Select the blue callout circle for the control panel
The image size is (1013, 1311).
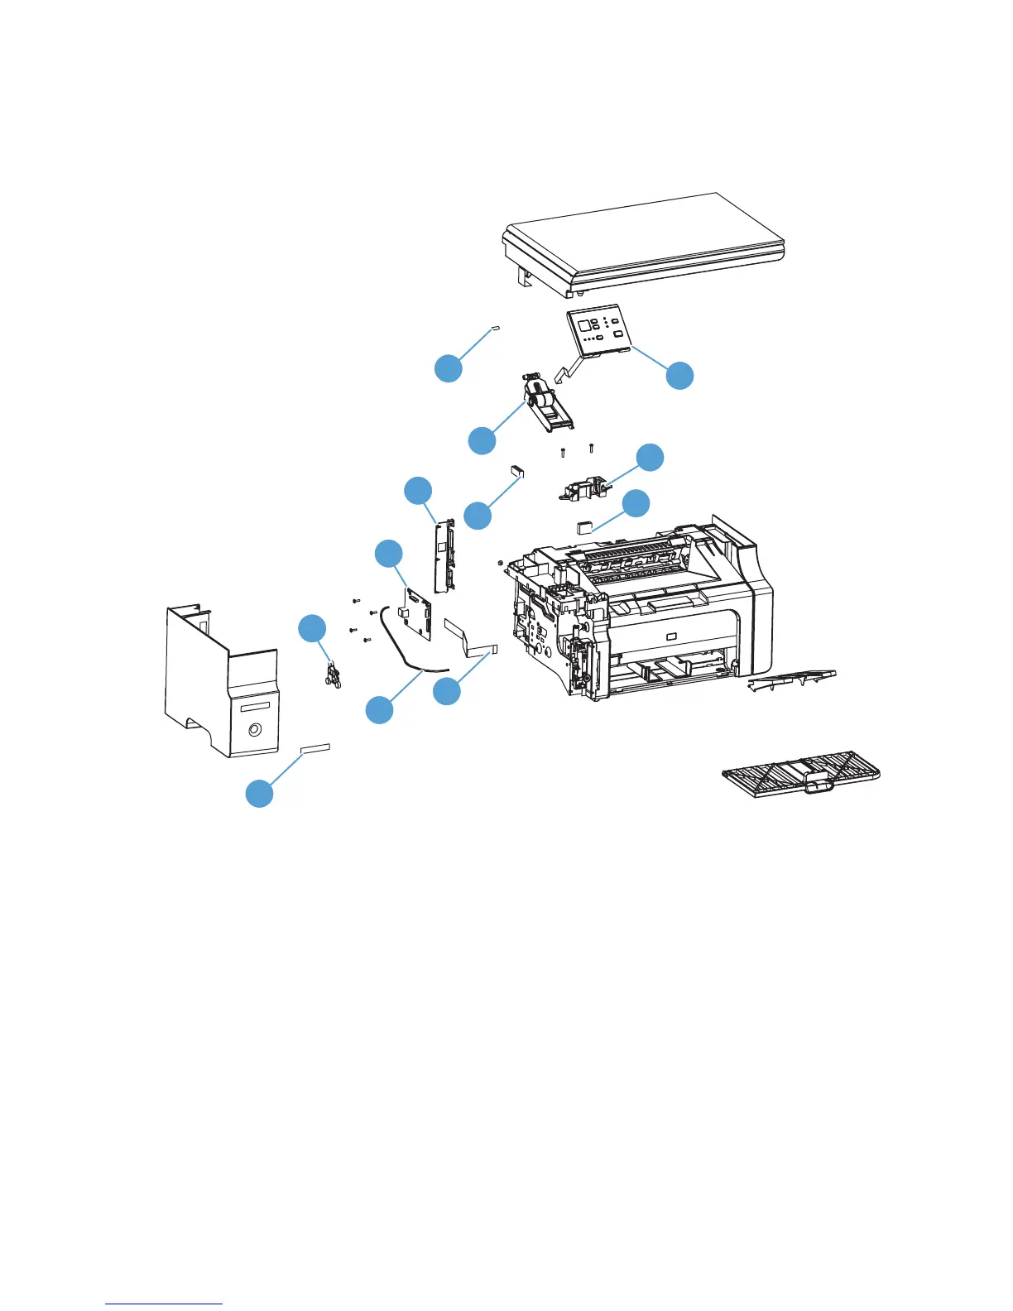680,375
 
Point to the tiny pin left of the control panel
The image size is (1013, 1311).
496,329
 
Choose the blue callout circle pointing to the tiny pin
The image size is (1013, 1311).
449,368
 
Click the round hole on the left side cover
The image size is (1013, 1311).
253,730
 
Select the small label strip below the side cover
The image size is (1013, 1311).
315,748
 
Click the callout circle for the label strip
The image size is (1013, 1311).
260,793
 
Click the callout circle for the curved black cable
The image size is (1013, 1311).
380,710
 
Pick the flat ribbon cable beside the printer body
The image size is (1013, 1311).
470,638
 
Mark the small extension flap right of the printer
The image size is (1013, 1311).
791,680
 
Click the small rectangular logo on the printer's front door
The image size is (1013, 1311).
670,636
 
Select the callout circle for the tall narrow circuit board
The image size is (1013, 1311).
418,491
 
